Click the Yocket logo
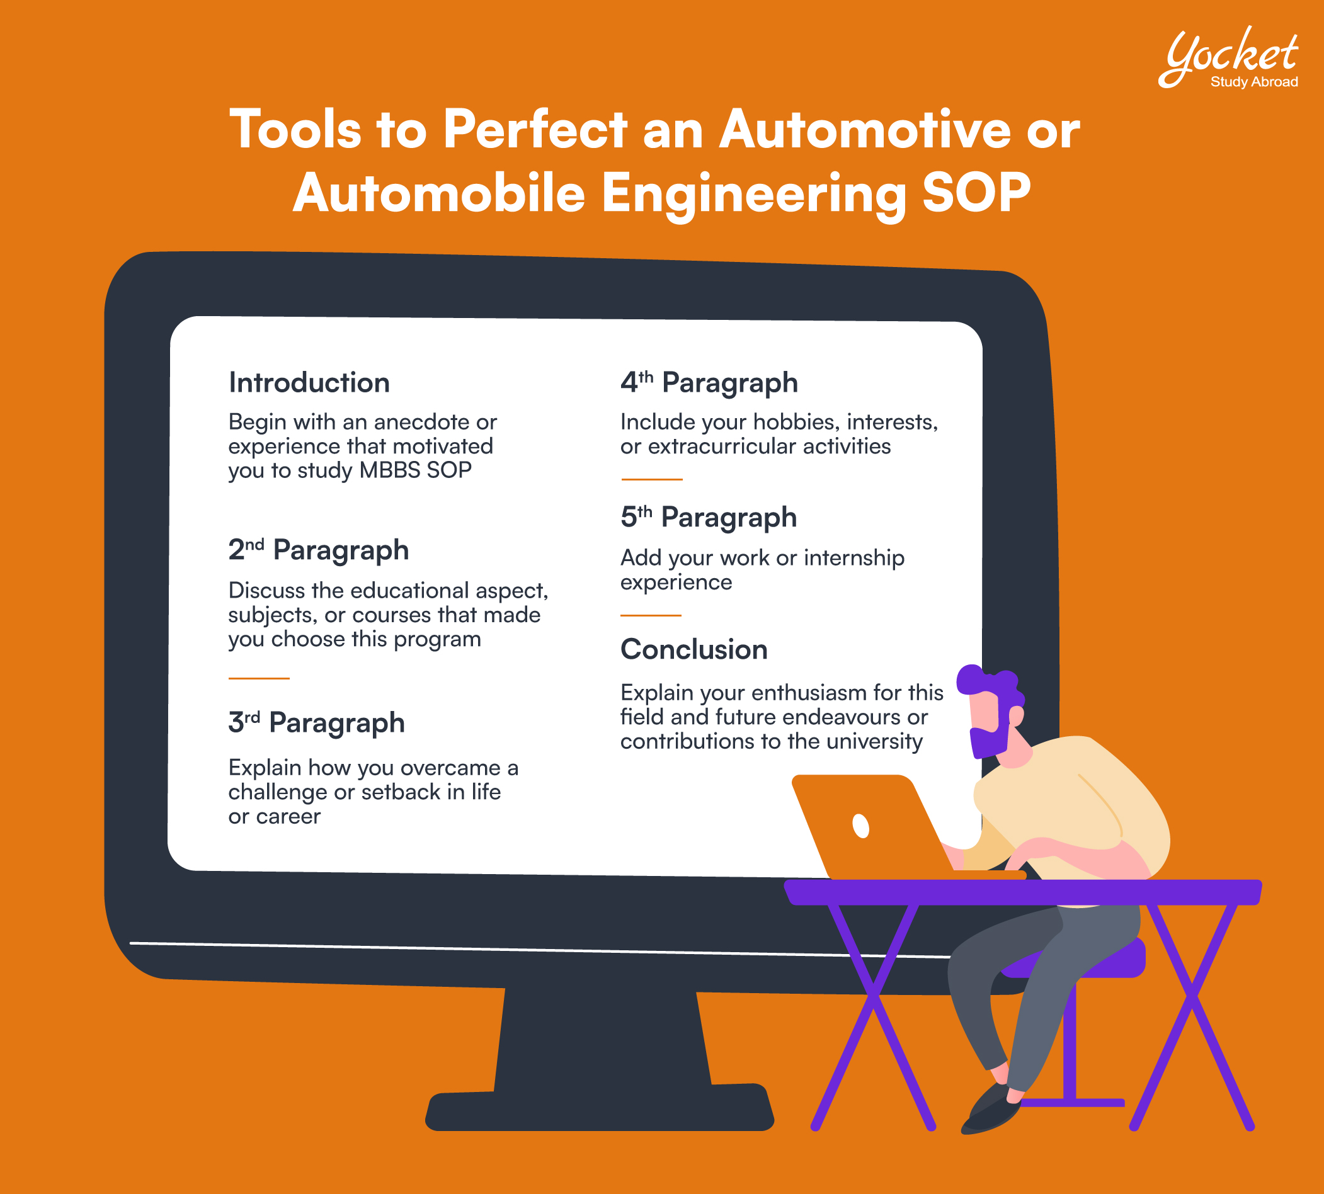tap(1228, 57)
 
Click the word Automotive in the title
tap(865, 129)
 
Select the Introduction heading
tap(309, 382)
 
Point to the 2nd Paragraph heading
tap(318, 550)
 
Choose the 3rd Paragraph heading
tap(316, 723)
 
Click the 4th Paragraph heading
tap(709, 383)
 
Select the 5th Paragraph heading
tap(709, 518)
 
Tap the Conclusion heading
tap(694, 649)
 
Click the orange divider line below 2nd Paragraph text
tap(258, 678)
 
